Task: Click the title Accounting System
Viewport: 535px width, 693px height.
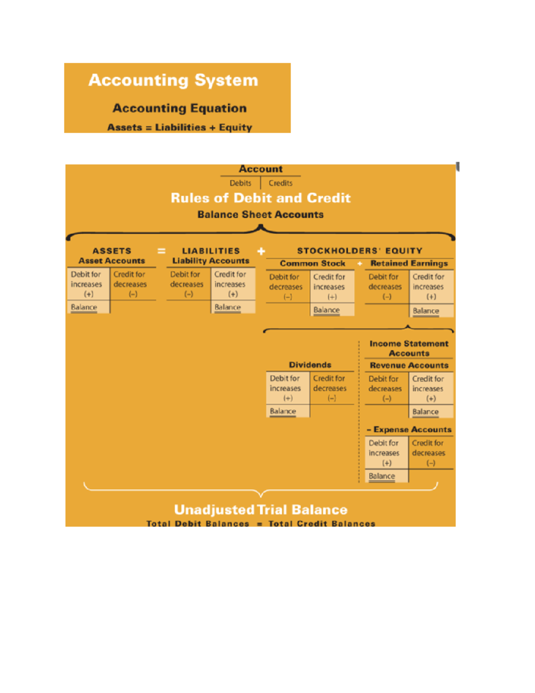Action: point(173,80)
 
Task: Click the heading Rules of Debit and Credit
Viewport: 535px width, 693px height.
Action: point(260,198)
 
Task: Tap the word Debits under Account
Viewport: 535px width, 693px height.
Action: point(240,183)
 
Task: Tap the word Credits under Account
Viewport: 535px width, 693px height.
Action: point(280,183)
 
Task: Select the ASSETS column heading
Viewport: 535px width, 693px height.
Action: point(111,251)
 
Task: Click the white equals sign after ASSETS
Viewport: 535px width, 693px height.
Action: point(161,251)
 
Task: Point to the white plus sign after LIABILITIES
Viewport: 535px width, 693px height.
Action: point(261,251)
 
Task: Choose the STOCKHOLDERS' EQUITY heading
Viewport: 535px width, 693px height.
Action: point(359,251)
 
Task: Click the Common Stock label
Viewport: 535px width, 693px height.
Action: point(312,264)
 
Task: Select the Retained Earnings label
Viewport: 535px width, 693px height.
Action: point(409,264)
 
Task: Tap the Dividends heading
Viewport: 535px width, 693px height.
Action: point(310,365)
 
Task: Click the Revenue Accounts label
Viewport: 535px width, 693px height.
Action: point(409,365)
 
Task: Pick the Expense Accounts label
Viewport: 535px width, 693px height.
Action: point(412,430)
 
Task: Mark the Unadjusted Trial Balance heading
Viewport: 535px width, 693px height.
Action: point(260,510)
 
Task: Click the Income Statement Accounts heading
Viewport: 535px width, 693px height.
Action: point(409,349)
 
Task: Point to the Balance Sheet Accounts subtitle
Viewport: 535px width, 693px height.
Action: point(260,215)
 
